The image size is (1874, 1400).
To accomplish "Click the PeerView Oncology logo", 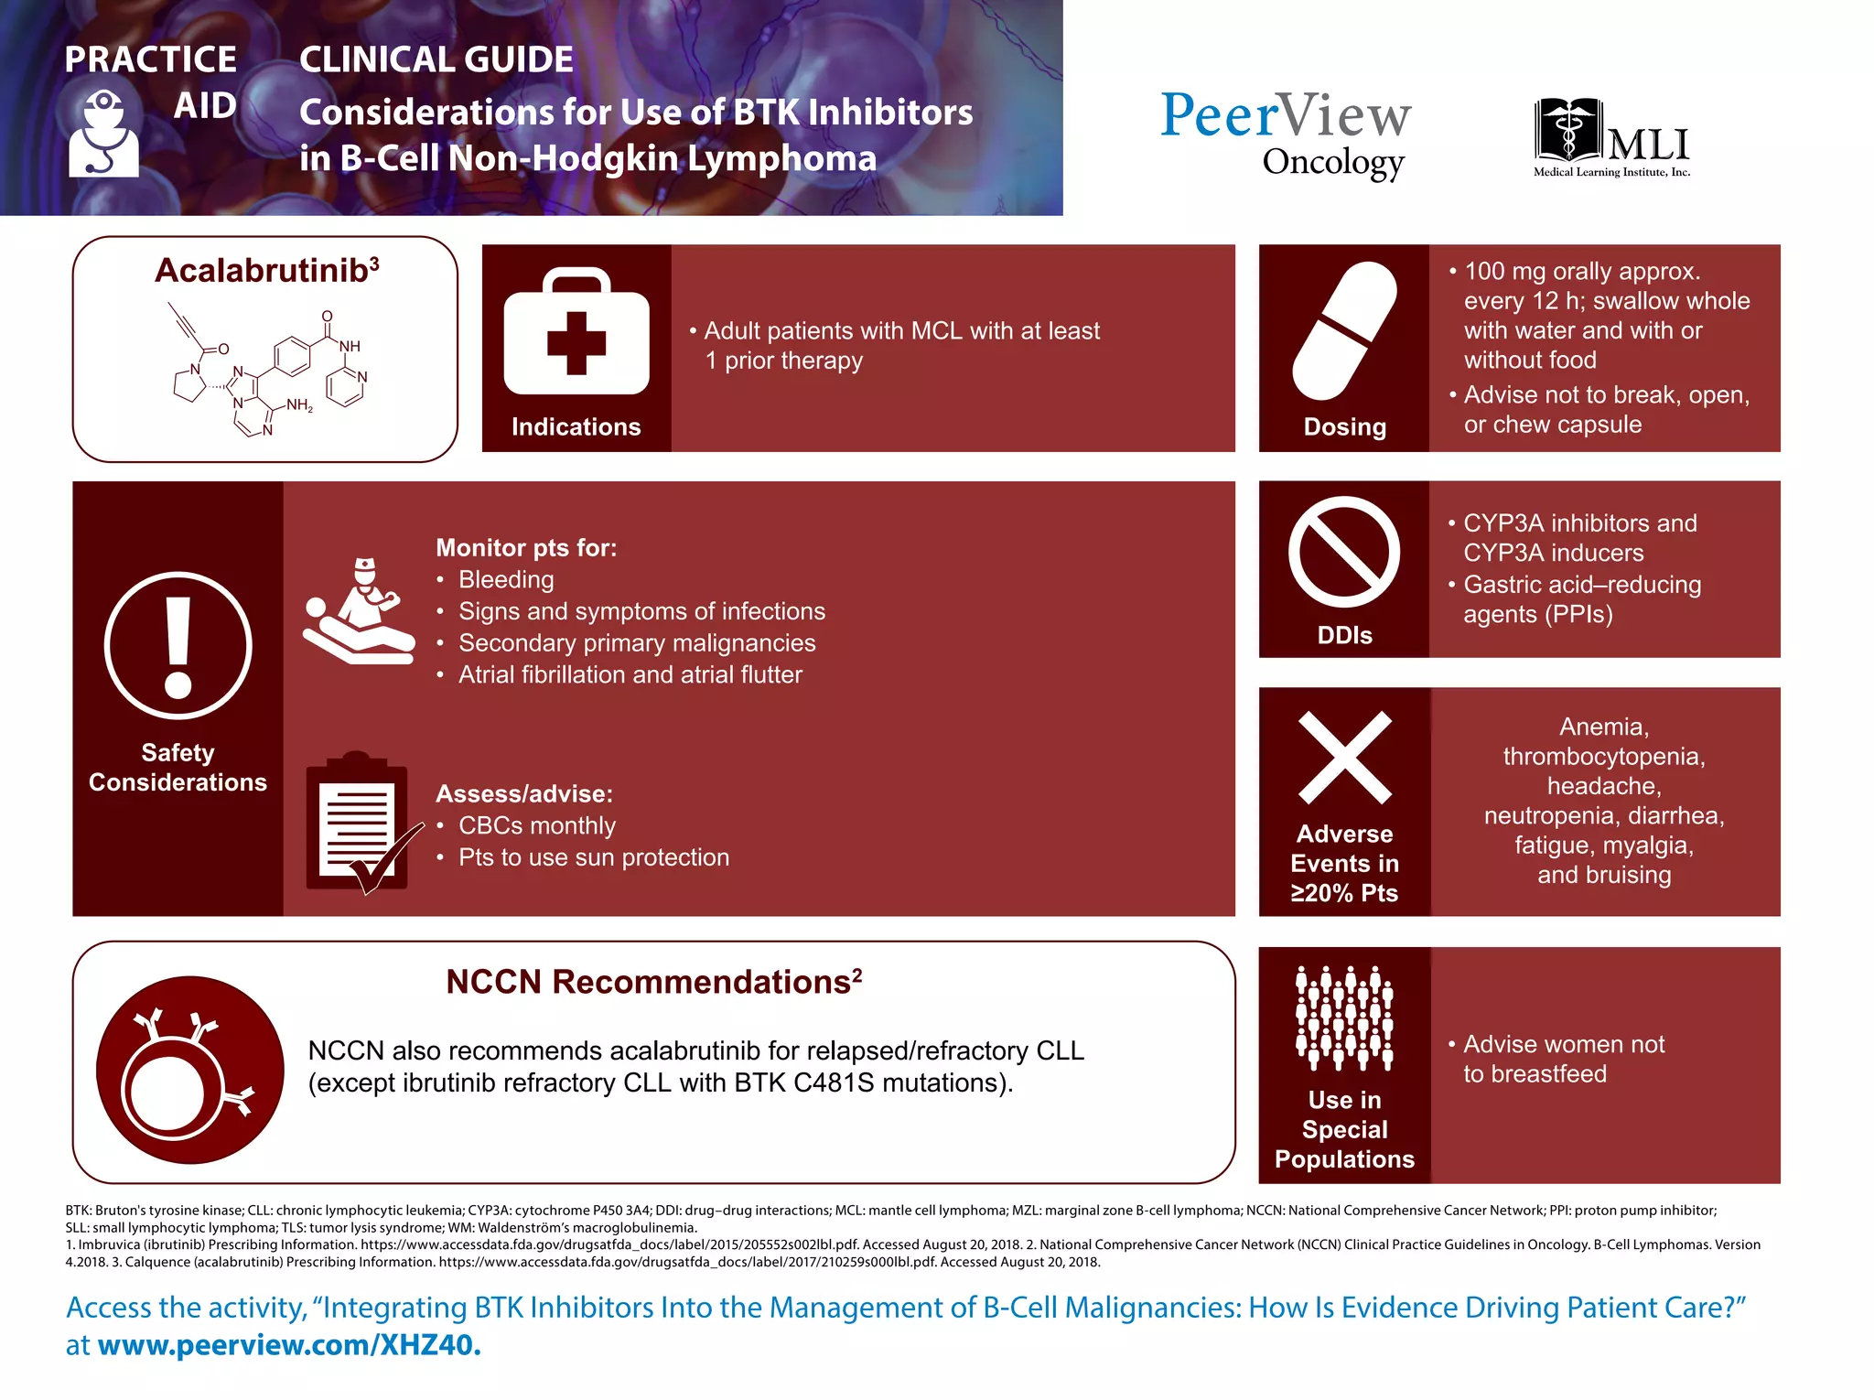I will pos(1286,134).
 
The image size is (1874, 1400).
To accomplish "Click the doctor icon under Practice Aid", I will pos(103,134).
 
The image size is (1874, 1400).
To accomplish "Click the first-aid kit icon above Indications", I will pos(576,332).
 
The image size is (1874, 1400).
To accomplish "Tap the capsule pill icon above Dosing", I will pos(1344,330).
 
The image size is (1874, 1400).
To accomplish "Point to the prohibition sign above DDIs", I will pos(1343,552).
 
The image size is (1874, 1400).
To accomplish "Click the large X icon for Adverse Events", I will pos(1344,757).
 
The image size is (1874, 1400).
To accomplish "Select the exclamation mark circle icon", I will pos(178,646).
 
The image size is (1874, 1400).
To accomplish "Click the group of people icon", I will pos(1344,1018).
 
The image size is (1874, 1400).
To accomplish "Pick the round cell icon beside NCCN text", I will pos(189,1070).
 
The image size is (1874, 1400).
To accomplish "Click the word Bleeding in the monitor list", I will pos(506,580).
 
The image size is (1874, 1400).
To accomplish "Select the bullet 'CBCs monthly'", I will pos(536,825).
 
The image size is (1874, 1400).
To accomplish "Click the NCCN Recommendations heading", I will pos(653,982).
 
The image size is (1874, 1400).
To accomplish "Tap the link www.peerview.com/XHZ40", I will pos(288,1345).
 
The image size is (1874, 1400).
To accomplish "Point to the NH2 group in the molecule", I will pos(299,405).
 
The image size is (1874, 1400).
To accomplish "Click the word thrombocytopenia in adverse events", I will pos(1603,757).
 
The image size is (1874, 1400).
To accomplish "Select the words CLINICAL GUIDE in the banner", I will pos(436,60).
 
